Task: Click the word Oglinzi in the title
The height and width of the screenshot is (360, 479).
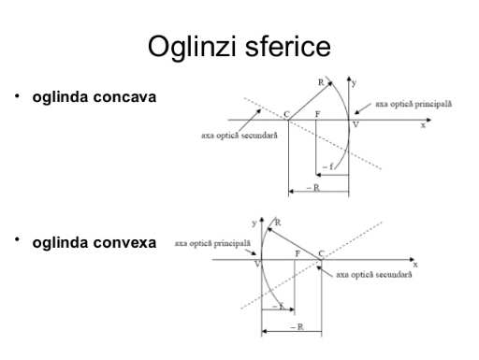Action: point(192,47)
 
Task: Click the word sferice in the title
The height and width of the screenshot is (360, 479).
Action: point(287,46)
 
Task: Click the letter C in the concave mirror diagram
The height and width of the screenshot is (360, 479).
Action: point(286,114)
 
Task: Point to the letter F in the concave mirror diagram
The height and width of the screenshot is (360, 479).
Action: point(317,114)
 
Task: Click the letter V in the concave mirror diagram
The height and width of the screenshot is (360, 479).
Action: point(356,125)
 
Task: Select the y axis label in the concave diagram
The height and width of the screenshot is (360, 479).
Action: point(354,83)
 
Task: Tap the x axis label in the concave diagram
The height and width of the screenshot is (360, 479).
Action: point(423,125)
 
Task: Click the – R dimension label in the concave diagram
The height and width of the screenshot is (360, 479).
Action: point(313,188)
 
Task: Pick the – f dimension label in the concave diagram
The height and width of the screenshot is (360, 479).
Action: point(327,166)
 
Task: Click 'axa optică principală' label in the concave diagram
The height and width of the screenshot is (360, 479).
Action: point(414,104)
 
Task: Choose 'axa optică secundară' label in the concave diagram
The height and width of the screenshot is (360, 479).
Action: point(239,136)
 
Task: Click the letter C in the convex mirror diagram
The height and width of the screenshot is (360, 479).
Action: point(322,253)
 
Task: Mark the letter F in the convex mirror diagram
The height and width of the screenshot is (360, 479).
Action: point(298,253)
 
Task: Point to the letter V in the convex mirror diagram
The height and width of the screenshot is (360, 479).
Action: point(257,265)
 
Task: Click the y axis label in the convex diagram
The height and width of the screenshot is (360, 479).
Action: point(254,223)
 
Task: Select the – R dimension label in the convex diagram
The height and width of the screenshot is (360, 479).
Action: point(297,327)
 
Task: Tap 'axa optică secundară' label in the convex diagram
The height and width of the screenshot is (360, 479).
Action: point(374,275)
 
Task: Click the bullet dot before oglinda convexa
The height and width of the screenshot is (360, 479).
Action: point(17,239)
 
